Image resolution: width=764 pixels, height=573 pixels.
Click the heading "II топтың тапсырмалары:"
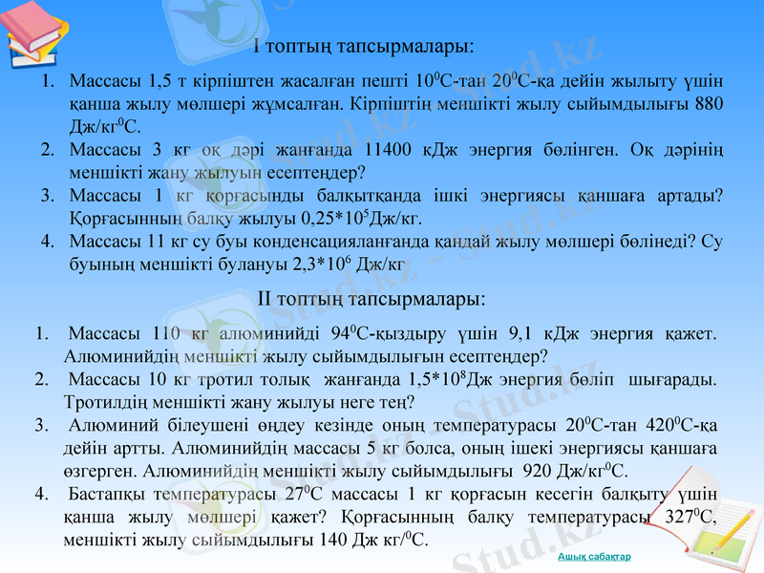[372, 299]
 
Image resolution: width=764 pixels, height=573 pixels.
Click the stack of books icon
[32, 34]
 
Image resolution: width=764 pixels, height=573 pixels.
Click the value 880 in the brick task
[708, 103]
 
